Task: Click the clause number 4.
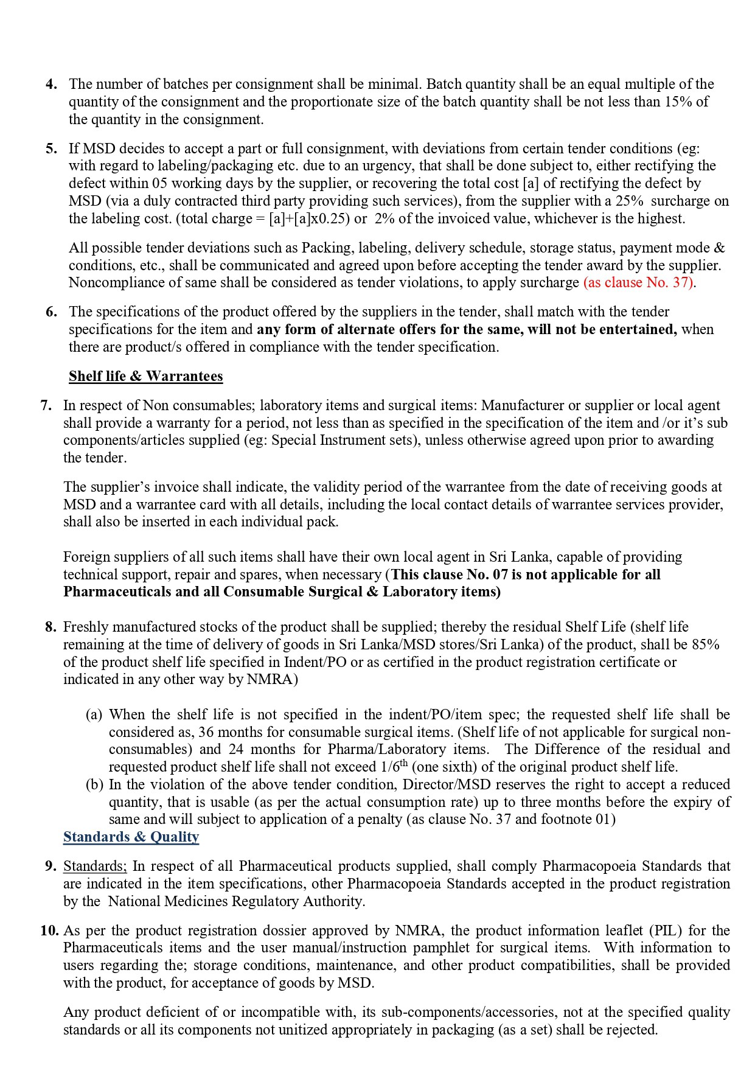pos(51,84)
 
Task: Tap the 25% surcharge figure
pos(629,201)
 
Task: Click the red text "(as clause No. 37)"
pos(639,282)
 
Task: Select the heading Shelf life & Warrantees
pos(145,376)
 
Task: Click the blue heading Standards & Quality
pos(131,837)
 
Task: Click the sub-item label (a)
pos(94,714)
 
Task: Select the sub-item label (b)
pos(94,784)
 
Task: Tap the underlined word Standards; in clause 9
pos(95,866)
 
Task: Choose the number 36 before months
pos(206,732)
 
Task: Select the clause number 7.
pos(46,405)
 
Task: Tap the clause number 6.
pos(51,312)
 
